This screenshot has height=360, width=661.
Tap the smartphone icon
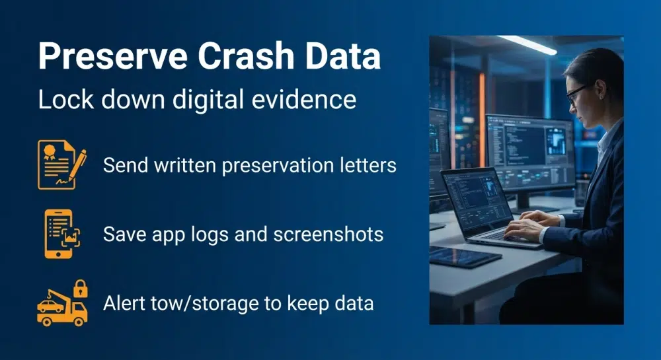(60, 233)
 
